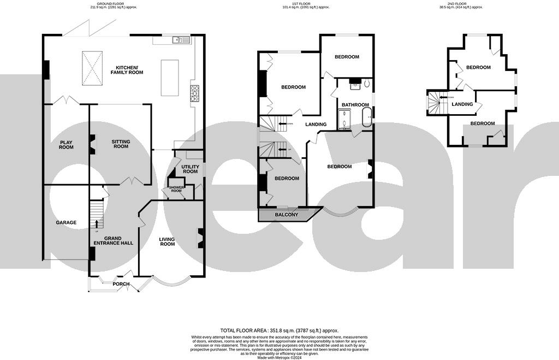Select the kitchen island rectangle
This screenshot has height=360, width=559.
[x=170, y=78]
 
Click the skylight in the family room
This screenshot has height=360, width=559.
[x=92, y=68]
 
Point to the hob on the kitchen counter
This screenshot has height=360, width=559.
[x=194, y=93]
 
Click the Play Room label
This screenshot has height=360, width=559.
[x=66, y=144]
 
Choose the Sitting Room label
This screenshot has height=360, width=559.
[x=121, y=144]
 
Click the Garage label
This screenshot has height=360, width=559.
[x=66, y=222]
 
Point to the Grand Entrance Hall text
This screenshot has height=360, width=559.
[x=113, y=240]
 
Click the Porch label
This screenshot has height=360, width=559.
[x=121, y=284]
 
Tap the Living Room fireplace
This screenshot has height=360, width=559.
[x=200, y=238]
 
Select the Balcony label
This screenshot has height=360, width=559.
[x=287, y=215]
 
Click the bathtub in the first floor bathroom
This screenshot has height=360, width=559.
[x=367, y=117]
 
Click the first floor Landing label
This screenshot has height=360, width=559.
[x=316, y=124]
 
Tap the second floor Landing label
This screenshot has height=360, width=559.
[x=462, y=104]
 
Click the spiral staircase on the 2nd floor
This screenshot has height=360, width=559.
[x=435, y=102]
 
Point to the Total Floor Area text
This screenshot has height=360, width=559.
[x=279, y=331]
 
